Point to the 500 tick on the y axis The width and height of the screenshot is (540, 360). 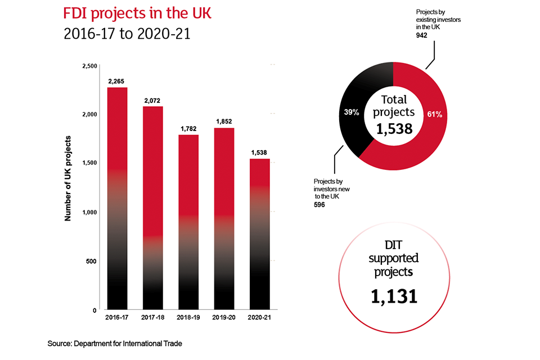[92, 262]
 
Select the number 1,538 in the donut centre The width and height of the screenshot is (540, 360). [394, 129]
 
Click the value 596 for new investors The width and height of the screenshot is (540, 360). [320, 205]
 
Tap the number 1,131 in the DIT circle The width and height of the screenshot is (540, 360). [394, 295]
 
